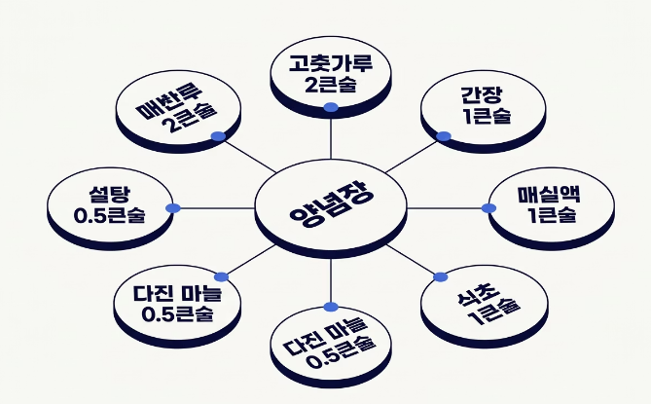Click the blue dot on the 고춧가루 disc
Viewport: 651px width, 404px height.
pyautogui.click(x=331, y=107)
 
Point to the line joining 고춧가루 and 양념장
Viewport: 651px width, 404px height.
pyautogui.click(x=331, y=136)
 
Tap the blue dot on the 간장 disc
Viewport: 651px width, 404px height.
pyautogui.click(x=444, y=136)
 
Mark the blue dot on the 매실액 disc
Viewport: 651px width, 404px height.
pyautogui.click(x=489, y=207)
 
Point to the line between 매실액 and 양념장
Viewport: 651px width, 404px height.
pyautogui.click(x=448, y=207)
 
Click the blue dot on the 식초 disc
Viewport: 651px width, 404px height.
pyautogui.click(x=438, y=276)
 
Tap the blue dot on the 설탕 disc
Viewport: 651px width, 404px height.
pyautogui.click(x=172, y=207)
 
